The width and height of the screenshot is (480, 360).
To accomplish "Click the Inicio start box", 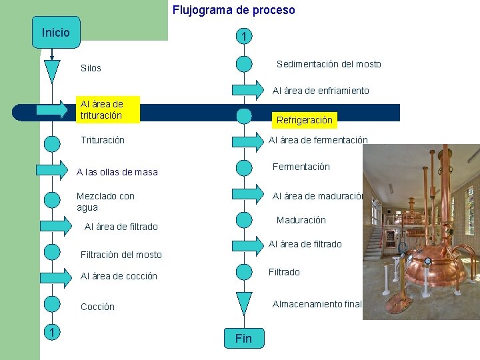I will [x=55, y=33].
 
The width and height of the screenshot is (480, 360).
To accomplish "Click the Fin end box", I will [x=243, y=338].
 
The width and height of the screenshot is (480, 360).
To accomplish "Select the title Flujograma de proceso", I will [x=233, y=10].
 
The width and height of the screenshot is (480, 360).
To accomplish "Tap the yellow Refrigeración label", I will [x=304, y=120].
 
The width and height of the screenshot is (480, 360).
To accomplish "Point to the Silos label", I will [x=91, y=68].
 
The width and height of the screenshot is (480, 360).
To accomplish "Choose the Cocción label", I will [x=97, y=307].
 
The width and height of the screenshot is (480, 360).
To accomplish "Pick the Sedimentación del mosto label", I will [x=329, y=64].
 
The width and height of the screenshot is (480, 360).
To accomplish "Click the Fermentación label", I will [x=301, y=167].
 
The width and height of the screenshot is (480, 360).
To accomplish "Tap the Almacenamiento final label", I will [x=317, y=304].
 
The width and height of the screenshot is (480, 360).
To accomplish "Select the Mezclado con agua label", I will [x=105, y=201].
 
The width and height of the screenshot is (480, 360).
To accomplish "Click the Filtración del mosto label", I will [x=121, y=255].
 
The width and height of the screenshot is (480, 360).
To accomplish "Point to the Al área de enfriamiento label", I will [x=320, y=91].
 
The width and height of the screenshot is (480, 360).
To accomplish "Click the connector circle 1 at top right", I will [x=244, y=36].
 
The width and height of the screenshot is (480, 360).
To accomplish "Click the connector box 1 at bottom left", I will [x=51, y=333].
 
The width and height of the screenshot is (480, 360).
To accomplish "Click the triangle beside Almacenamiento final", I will [x=244, y=303].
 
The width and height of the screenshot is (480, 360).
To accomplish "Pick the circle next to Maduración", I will [x=244, y=219].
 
